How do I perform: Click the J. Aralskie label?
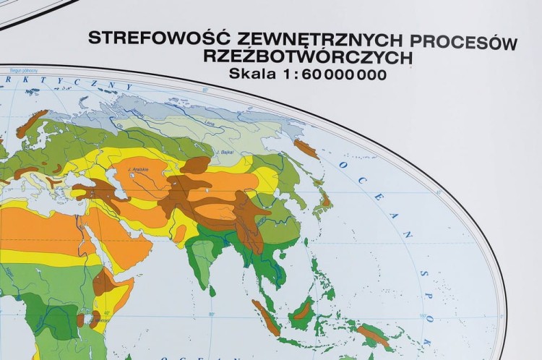138,169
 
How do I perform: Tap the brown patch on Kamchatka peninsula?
306,148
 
